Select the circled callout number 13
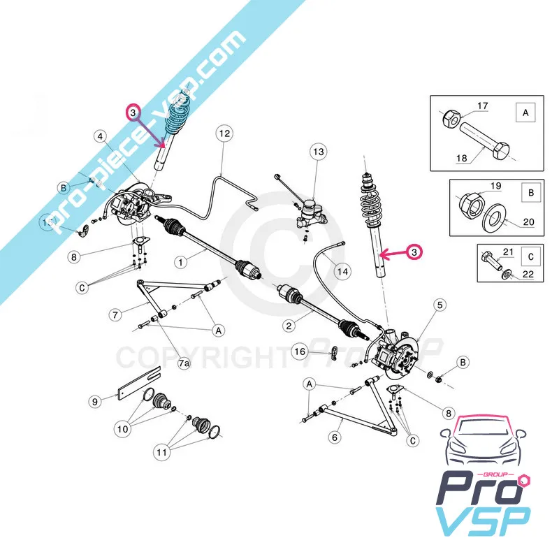coord(319,152)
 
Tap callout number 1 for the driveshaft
coord(180,262)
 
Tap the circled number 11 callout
coord(162,452)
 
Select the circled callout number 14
coord(342,271)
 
